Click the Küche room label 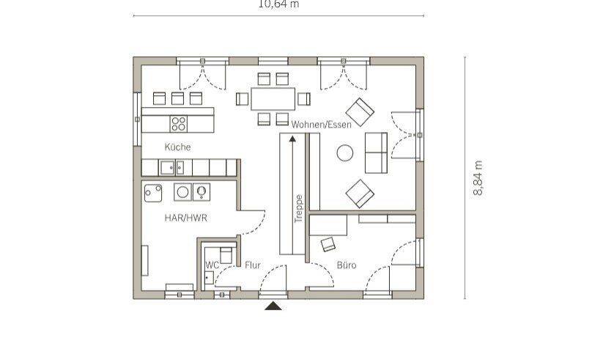[x=178, y=147]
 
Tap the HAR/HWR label [x=185, y=218]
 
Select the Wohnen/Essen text [x=321, y=125]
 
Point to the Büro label [x=347, y=265]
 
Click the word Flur [x=253, y=265]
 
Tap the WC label [x=212, y=265]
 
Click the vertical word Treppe [x=299, y=209]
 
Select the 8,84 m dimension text [x=478, y=177]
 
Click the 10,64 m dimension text [x=278, y=4]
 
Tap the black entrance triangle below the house [x=273, y=306]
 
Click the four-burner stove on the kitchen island [x=179, y=124]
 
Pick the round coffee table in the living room [x=345, y=153]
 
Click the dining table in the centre [x=273, y=99]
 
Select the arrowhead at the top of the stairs [x=292, y=138]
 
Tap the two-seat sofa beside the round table [x=377, y=153]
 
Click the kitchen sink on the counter [x=172, y=168]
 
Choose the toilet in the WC [x=226, y=255]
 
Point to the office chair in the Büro [x=328, y=244]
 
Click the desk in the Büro [x=328, y=225]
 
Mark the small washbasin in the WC [x=209, y=278]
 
